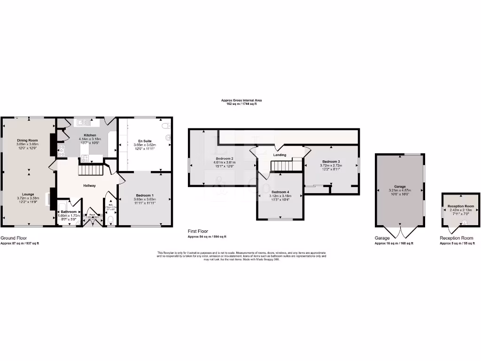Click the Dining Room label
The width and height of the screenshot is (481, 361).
[27, 141]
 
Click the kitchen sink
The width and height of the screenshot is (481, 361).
[85, 123]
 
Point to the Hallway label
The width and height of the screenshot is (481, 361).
[89, 186]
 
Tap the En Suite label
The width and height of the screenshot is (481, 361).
[144, 141]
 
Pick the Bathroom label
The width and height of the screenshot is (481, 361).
[69, 212]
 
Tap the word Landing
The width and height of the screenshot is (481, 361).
[280, 155]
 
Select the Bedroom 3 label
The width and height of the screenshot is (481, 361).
[331, 161]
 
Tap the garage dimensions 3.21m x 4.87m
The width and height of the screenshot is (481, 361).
[400, 190]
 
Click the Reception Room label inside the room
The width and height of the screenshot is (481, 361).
[461, 206]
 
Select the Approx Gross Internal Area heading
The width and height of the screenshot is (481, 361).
[241, 100]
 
